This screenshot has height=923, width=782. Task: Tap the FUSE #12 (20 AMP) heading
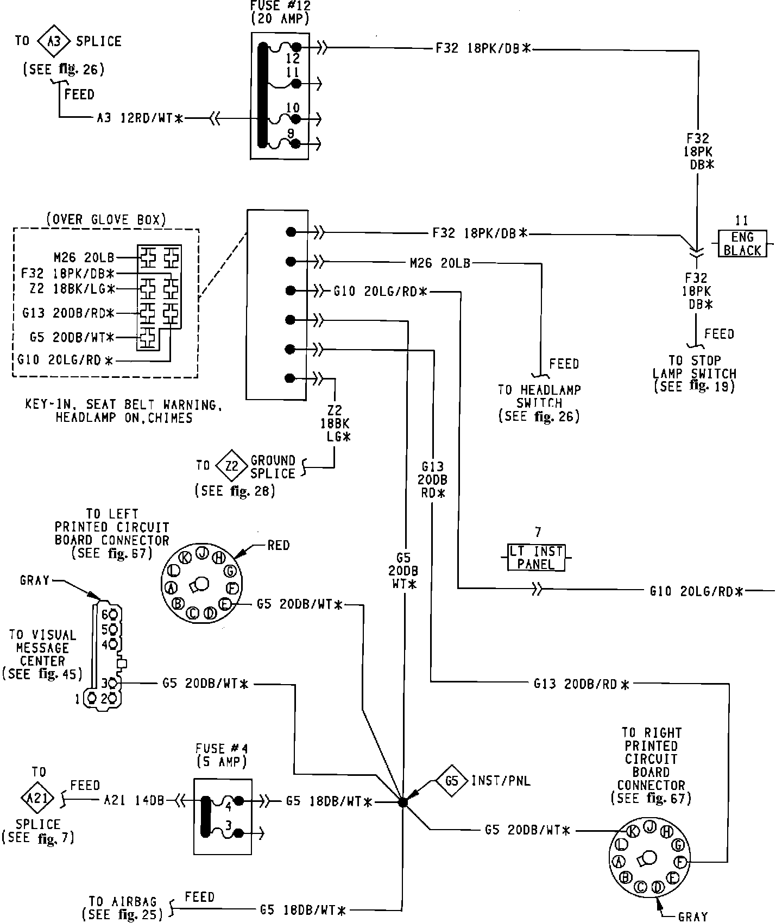[x=280, y=12]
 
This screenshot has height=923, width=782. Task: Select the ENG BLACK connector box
[x=742, y=243]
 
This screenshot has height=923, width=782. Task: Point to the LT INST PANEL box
[x=535, y=558]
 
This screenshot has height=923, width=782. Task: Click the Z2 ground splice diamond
[x=232, y=466]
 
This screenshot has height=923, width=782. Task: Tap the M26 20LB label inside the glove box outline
[x=84, y=257]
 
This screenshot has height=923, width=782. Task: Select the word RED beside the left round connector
[x=279, y=545]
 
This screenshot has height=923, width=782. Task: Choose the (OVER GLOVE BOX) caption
[x=106, y=219]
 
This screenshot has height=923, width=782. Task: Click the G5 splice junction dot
[x=402, y=802]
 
